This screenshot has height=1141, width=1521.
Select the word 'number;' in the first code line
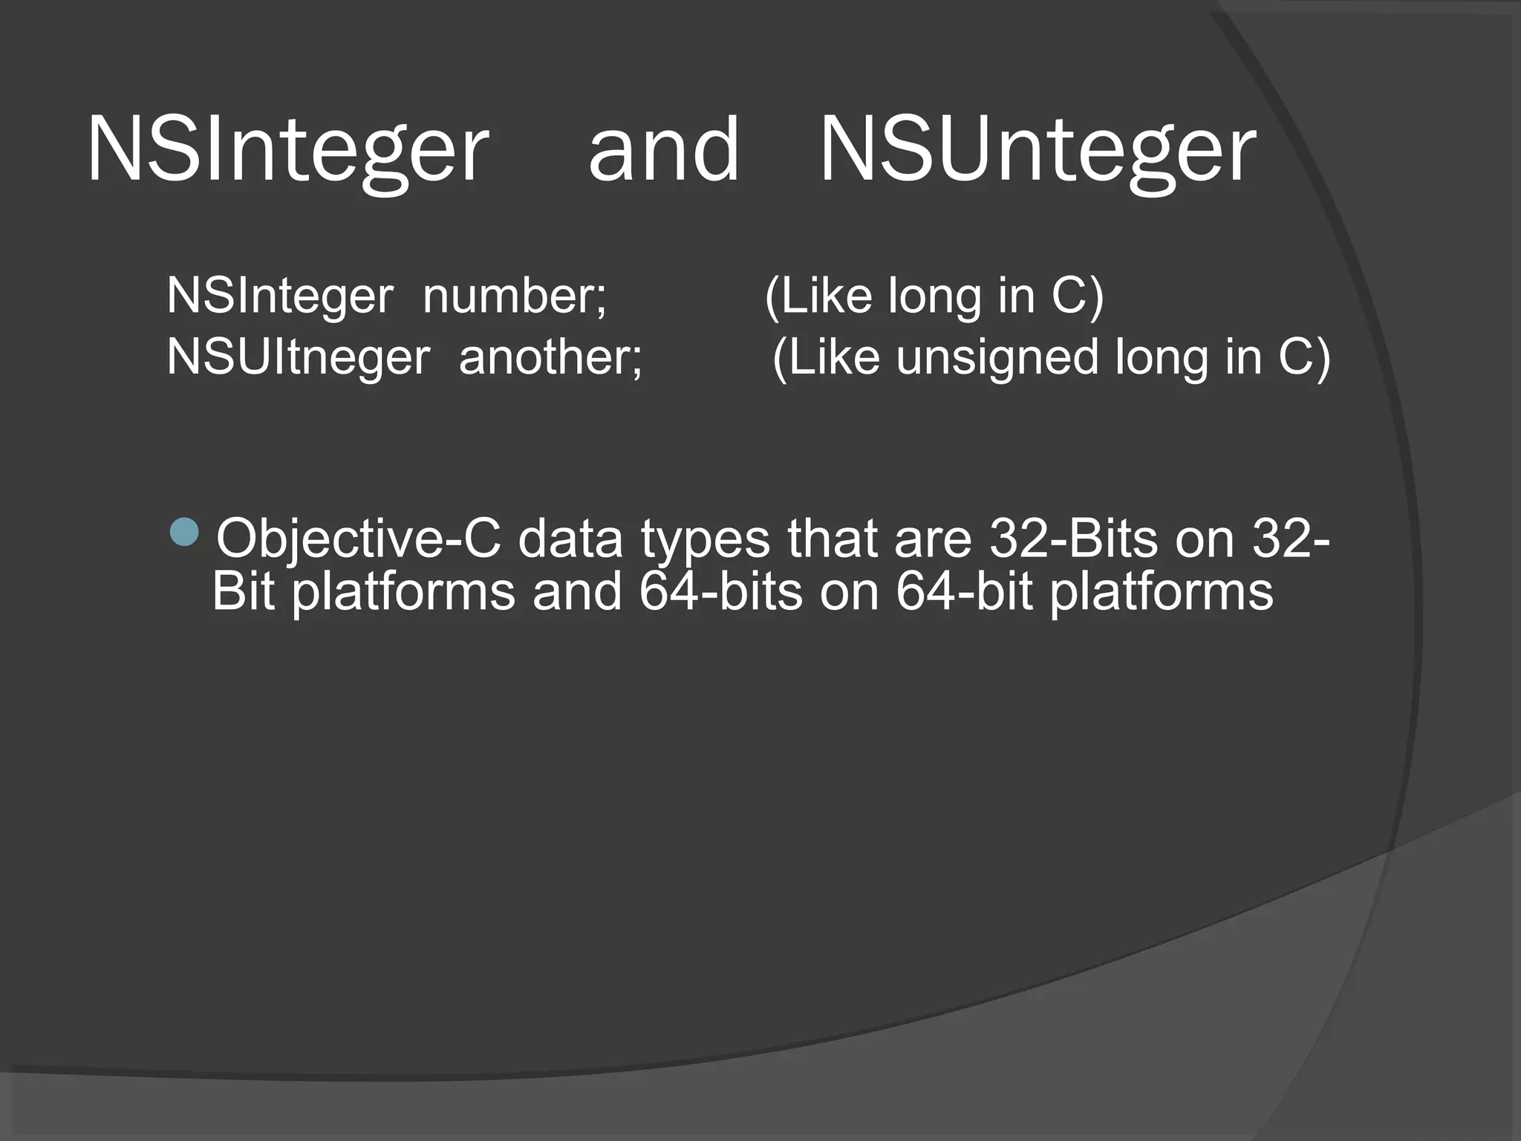tap(515, 296)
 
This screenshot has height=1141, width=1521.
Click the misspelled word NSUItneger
tap(298, 357)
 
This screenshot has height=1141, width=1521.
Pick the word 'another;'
tap(550, 357)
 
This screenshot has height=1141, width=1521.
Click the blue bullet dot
tap(184, 531)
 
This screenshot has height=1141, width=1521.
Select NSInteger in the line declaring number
tap(280, 296)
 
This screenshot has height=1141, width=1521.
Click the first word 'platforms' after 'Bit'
tap(403, 594)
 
